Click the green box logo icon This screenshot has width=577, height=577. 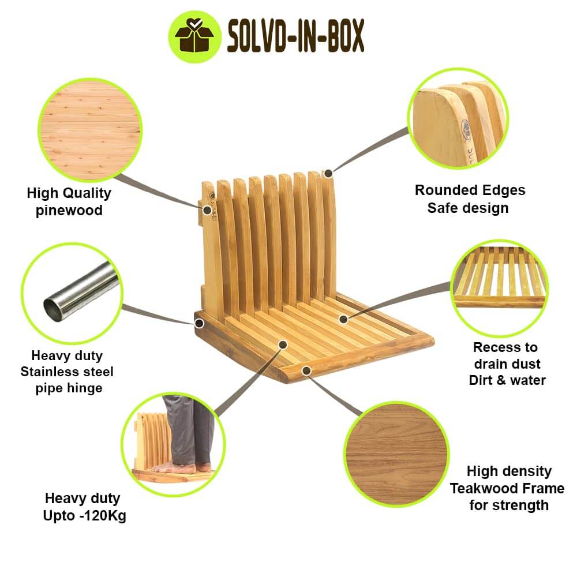194,37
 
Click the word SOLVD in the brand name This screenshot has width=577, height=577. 256,36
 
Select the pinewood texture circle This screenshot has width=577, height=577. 90,130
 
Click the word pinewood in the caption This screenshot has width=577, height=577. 69,211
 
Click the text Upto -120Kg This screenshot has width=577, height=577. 85,515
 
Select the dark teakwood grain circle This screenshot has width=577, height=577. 396,455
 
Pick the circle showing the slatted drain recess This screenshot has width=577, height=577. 500,288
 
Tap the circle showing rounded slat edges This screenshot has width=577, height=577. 458,118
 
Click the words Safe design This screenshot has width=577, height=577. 468,208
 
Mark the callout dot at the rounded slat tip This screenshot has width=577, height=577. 329,173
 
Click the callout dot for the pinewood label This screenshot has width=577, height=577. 208,210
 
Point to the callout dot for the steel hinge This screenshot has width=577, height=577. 199,324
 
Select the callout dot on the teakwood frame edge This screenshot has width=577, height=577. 306,370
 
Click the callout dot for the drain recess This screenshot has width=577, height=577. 343,319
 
